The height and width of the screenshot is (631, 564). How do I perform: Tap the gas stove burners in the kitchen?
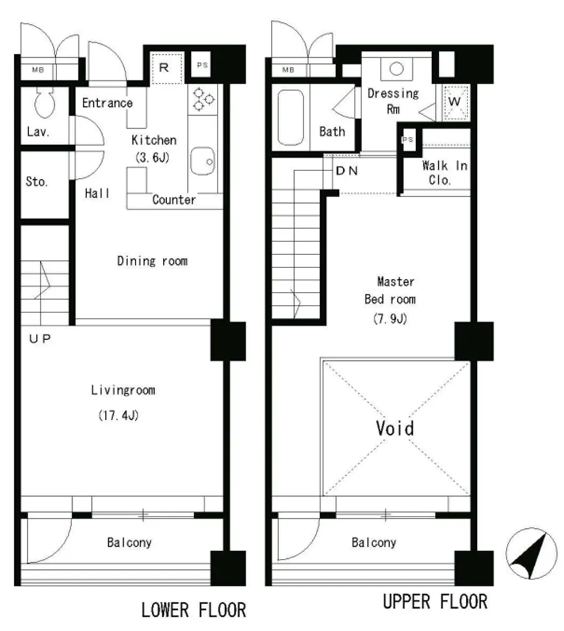[203, 98]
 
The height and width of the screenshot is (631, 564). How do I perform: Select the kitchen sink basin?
[202, 161]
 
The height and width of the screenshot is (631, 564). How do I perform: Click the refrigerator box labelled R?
[167, 68]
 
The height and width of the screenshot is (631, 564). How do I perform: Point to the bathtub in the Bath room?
[290, 117]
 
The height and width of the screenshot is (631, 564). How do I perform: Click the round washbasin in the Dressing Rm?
[396, 68]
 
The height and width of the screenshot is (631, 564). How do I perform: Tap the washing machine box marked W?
[455, 102]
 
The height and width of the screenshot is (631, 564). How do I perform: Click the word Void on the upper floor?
[395, 428]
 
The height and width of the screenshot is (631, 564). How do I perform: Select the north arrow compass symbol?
[532, 553]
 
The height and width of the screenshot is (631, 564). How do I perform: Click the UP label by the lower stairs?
[40, 339]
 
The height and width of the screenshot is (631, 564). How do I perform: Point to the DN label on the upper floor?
[346, 171]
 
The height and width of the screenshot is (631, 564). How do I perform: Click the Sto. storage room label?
[37, 182]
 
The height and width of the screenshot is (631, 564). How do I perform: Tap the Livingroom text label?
[123, 390]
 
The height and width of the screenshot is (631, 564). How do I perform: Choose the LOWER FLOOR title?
[193, 610]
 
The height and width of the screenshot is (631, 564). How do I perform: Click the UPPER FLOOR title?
[435, 602]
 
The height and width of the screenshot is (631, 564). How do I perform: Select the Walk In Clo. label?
[445, 172]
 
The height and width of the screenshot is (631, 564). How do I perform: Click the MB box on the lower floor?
[38, 70]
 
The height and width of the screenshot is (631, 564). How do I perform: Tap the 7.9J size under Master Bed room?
[390, 319]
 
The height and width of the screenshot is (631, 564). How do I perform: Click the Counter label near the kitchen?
[174, 200]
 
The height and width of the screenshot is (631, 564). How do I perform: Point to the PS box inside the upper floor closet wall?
[408, 139]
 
